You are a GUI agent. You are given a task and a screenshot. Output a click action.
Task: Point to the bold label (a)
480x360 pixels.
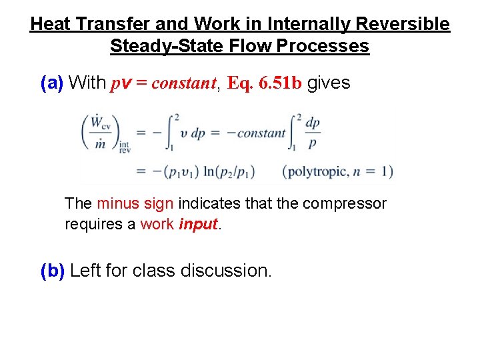[x=52, y=83]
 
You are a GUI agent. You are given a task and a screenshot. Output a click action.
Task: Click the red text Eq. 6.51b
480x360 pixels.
[x=265, y=83]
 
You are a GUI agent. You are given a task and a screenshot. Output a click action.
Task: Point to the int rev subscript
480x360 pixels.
[x=125, y=147]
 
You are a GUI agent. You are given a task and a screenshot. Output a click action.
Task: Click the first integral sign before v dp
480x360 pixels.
[x=176, y=132]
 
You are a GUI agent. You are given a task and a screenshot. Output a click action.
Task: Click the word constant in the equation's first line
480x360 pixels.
[x=261, y=133]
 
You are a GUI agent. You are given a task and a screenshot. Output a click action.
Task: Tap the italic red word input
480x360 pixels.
[x=199, y=225]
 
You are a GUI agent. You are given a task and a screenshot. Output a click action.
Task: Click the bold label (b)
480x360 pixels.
[x=53, y=271]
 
